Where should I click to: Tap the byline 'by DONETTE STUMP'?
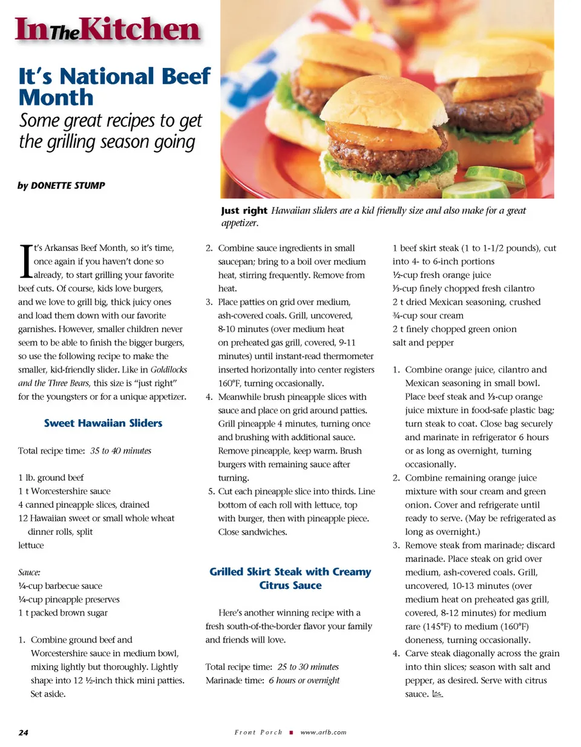coord(61,185)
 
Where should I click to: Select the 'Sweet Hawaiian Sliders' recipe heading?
coord(103,423)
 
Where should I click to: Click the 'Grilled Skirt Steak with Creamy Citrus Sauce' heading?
coord(290,579)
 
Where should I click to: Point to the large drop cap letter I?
coord(25,261)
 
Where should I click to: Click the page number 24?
coord(23,732)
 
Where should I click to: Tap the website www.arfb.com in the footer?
coord(323,732)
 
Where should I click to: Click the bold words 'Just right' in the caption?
coord(244,211)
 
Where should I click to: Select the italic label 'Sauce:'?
coord(29,573)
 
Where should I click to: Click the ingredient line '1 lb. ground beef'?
coord(51,478)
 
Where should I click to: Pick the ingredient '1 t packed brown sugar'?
coord(63,613)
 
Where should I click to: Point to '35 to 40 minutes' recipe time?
coord(120,451)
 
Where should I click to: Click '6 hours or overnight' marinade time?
coord(304,681)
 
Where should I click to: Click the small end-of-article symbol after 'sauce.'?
coord(438,694)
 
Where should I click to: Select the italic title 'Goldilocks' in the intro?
coord(168,370)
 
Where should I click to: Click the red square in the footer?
coord(291,732)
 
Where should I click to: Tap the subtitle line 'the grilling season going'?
coord(107,142)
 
